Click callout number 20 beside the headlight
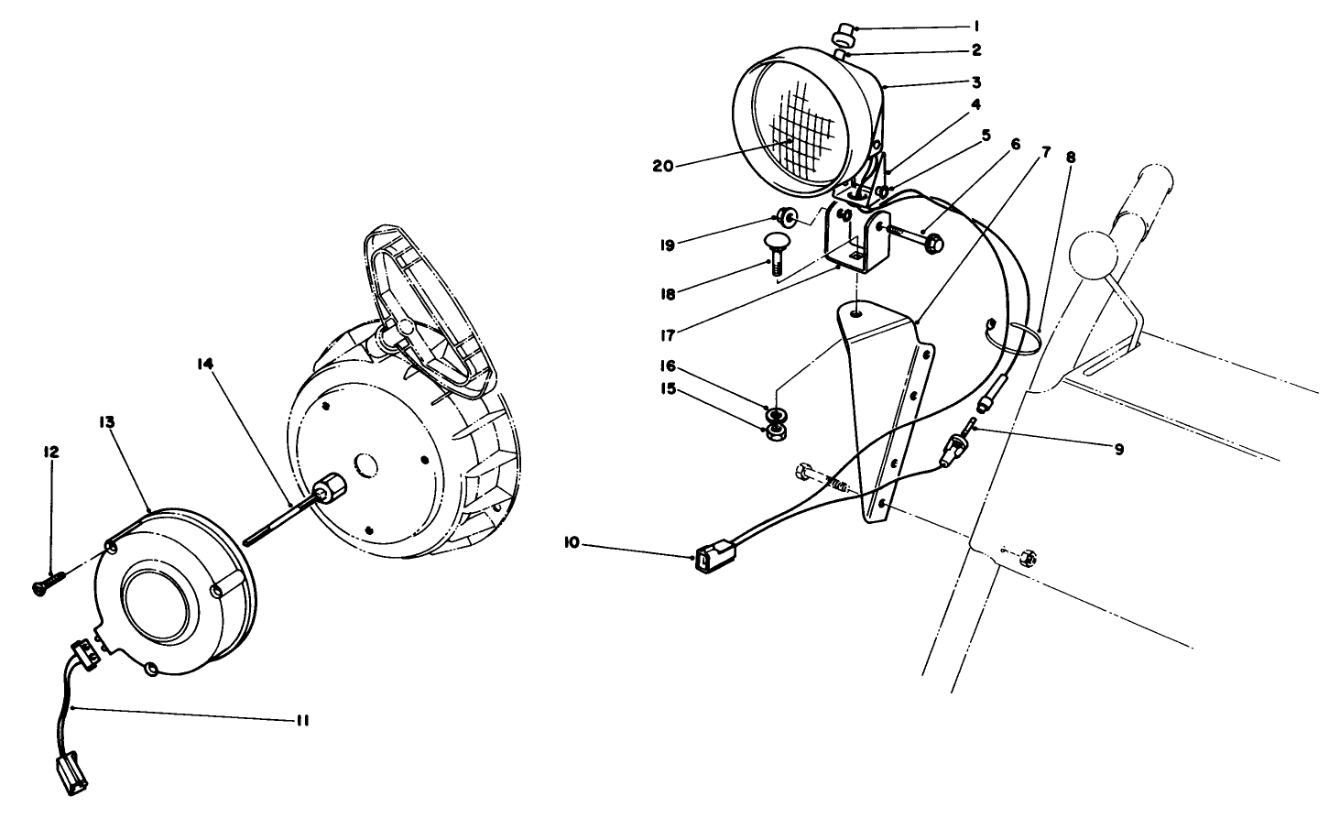663,165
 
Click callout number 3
976,82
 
